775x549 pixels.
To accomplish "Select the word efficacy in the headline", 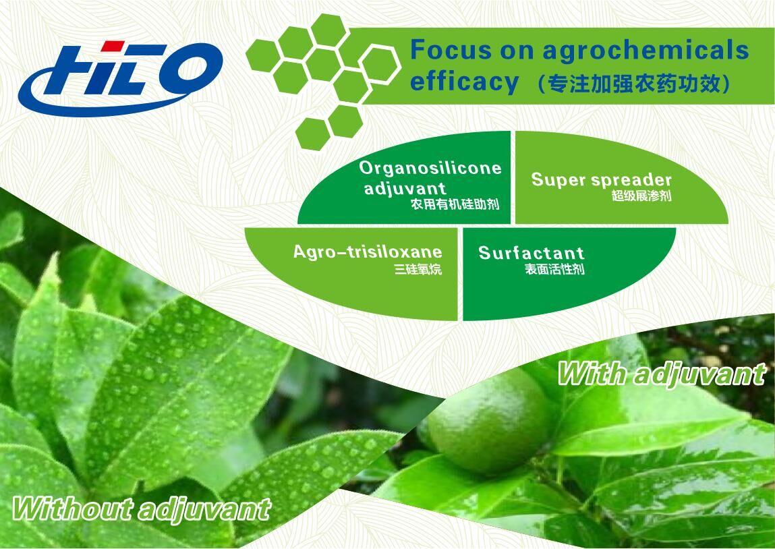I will pyautogui.click(x=464, y=82).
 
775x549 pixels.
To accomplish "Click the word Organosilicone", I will pyautogui.click(x=430, y=168).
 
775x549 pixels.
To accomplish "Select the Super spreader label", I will pyautogui.click(x=601, y=179).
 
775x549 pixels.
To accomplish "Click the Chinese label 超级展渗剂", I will pyautogui.click(x=641, y=196).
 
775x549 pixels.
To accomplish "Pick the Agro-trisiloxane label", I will pyautogui.click(x=368, y=252).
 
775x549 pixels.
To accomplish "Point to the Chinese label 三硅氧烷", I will pyautogui.click(x=418, y=270).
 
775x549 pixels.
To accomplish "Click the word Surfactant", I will pyautogui.click(x=531, y=253).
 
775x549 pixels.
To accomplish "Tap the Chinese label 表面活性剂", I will pyautogui.click(x=554, y=270).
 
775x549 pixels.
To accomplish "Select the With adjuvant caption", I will pyautogui.click(x=661, y=374).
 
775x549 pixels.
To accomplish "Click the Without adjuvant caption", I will pyautogui.click(x=142, y=509).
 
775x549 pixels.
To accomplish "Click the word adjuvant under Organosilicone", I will pyautogui.click(x=405, y=187).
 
